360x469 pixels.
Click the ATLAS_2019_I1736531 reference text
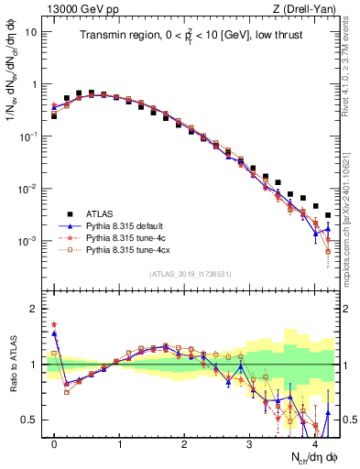[190, 274]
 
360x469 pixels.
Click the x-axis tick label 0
[54, 442]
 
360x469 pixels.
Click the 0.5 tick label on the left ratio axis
[27, 420]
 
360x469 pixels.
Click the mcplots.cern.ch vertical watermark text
[353, 211]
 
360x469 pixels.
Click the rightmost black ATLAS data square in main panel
[328, 215]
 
